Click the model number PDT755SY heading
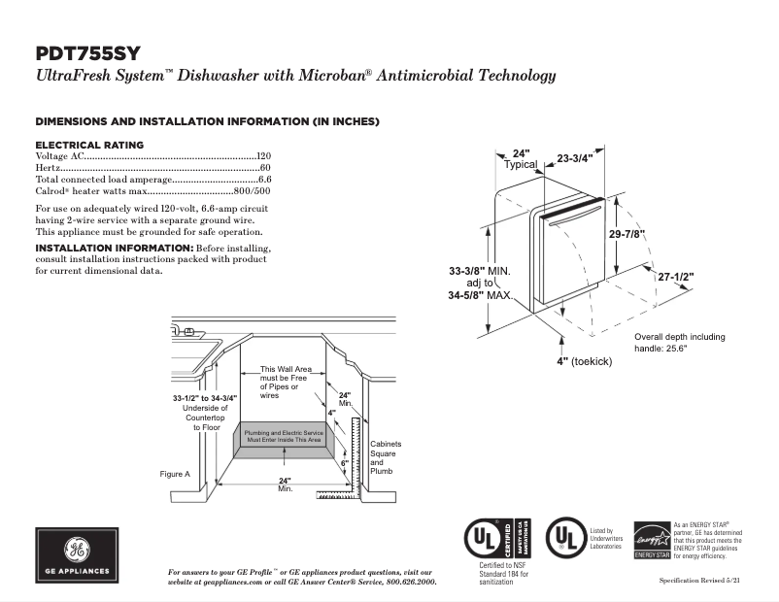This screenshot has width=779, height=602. point(93,53)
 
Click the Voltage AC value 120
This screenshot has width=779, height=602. point(263,156)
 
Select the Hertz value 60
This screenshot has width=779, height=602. point(265,168)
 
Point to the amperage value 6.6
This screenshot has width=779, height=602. point(264,180)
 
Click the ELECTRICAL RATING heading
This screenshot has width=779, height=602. point(89,145)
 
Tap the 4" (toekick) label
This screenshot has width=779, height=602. point(583,360)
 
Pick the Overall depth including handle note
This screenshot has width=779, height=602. point(680,342)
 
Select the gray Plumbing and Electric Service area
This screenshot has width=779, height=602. point(283,436)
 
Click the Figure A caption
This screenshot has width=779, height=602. point(176,474)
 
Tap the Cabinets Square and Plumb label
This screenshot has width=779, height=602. point(385,457)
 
